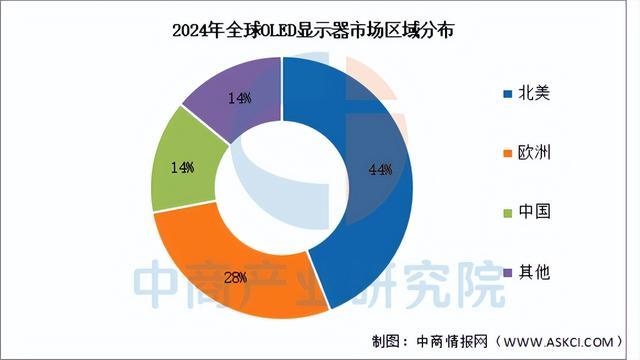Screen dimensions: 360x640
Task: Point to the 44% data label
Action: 380,170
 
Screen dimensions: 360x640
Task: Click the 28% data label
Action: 263,277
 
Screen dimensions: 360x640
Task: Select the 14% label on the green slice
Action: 181,168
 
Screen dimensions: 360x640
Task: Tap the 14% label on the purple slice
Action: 239,98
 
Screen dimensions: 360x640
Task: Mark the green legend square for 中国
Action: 507,213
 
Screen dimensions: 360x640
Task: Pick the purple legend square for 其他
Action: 507,272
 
